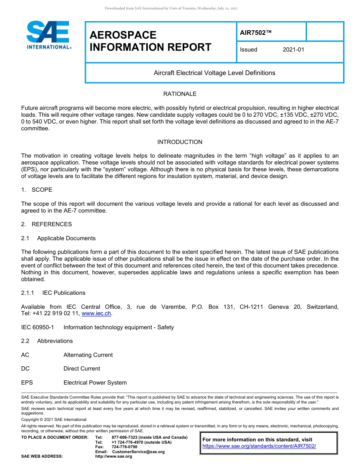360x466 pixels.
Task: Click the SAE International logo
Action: tap(48, 35)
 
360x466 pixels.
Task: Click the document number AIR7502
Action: tap(256, 33)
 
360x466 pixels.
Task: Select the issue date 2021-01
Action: tap(293, 50)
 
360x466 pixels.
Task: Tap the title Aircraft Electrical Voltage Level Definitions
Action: tap(214, 73)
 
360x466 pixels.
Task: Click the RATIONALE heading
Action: tap(180, 94)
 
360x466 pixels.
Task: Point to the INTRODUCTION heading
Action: tap(180, 142)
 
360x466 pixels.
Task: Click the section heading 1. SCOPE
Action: tap(37, 190)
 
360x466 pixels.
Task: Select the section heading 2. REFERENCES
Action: tap(46, 224)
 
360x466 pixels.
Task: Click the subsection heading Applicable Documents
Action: tap(66, 238)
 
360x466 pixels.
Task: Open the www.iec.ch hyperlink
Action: tap(96, 314)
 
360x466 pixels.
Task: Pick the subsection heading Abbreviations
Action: tap(55, 341)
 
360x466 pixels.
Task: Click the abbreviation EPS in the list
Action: tap(27, 383)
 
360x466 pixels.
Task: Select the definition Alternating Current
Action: tap(88, 355)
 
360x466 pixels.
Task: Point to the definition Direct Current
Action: tap(82, 369)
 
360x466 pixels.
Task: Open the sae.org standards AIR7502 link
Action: tap(259, 446)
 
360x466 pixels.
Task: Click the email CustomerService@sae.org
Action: tap(138, 452)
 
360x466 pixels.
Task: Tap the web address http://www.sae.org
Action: tap(114, 456)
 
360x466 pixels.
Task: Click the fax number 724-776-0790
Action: tap(125, 447)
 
